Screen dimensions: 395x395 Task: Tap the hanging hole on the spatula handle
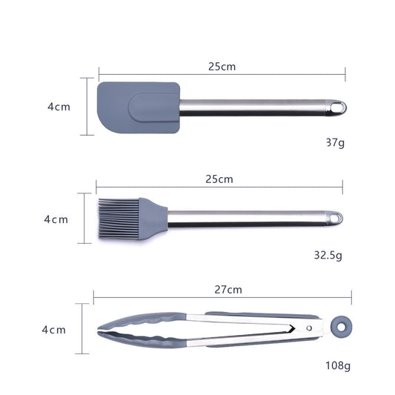click(339, 107)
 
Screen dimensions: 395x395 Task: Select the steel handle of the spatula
click(252, 107)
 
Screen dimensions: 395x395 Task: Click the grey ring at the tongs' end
click(340, 326)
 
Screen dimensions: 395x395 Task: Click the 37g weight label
click(334, 142)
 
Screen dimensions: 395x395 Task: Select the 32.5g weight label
click(328, 255)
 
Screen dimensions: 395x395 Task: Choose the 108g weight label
click(336, 365)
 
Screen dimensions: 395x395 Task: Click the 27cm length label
click(230, 289)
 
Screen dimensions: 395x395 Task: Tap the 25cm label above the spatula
click(222, 67)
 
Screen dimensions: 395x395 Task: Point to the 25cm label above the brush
click(219, 179)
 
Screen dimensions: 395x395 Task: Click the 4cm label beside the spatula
click(59, 107)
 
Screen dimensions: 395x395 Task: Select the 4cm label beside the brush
click(56, 219)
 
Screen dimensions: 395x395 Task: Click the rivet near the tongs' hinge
click(310, 327)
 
